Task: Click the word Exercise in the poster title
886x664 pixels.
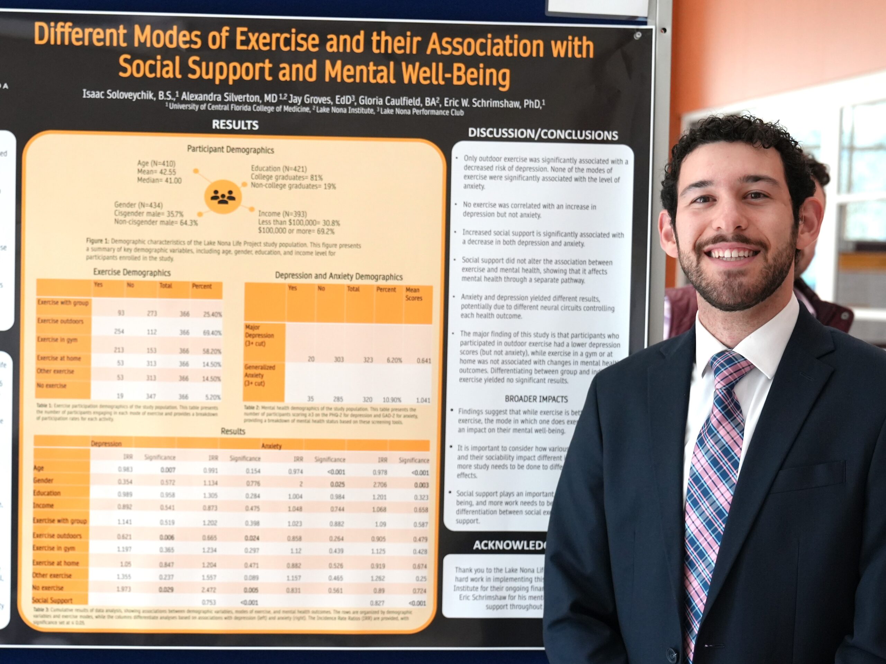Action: (277, 40)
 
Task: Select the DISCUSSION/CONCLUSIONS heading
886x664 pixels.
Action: (543, 134)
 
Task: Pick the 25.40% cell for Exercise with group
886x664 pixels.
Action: (212, 314)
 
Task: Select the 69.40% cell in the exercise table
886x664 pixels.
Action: (212, 333)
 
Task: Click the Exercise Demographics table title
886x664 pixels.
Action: (132, 272)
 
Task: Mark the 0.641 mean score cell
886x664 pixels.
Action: (423, 361)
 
